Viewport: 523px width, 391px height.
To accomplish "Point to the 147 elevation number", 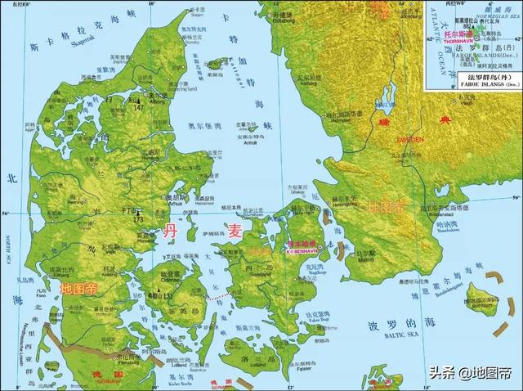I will coord(140,106).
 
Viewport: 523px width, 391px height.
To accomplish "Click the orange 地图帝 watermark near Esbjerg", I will coord(79,288).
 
